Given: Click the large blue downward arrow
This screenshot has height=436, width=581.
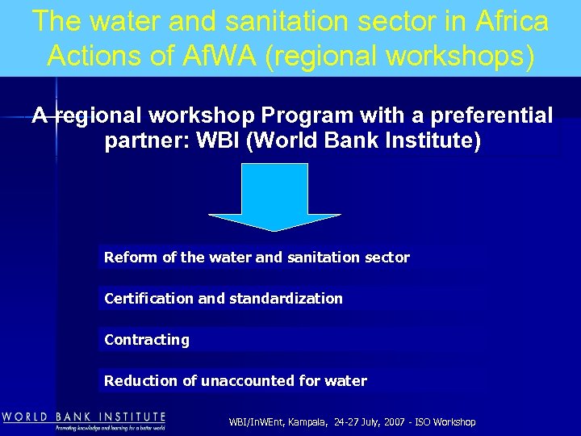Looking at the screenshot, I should pos(274,197).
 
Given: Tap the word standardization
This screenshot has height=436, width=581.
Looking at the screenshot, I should pos(286,299).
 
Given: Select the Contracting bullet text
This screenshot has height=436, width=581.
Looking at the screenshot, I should pos(147,340).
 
